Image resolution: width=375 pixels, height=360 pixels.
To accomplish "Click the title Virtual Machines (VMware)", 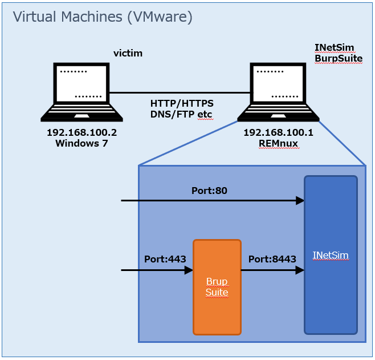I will point(103,17).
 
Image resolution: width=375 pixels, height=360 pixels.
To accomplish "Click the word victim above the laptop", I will point(128,54).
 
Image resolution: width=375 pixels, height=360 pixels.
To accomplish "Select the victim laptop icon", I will point(81,92).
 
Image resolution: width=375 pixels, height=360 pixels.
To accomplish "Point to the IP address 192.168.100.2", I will point(81,132).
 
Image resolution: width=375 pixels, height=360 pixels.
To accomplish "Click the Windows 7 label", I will point(81,143).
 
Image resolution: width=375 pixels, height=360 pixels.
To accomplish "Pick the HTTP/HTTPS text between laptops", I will point(182,103).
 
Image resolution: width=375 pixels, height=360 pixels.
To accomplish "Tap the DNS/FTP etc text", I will point(181,114).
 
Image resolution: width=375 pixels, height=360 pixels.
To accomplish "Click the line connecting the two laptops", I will point(180,92).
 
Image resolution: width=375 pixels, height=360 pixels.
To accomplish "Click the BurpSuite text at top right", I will point(338,58).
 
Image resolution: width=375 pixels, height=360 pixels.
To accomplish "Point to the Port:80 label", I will point(209,191).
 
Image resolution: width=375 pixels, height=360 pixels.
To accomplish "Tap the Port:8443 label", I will point(272,258).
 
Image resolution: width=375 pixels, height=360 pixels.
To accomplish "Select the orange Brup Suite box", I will point(217,287).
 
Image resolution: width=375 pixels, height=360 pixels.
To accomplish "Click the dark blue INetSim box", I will point(331,254).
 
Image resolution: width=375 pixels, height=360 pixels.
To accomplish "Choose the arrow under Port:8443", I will point(272,270).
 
